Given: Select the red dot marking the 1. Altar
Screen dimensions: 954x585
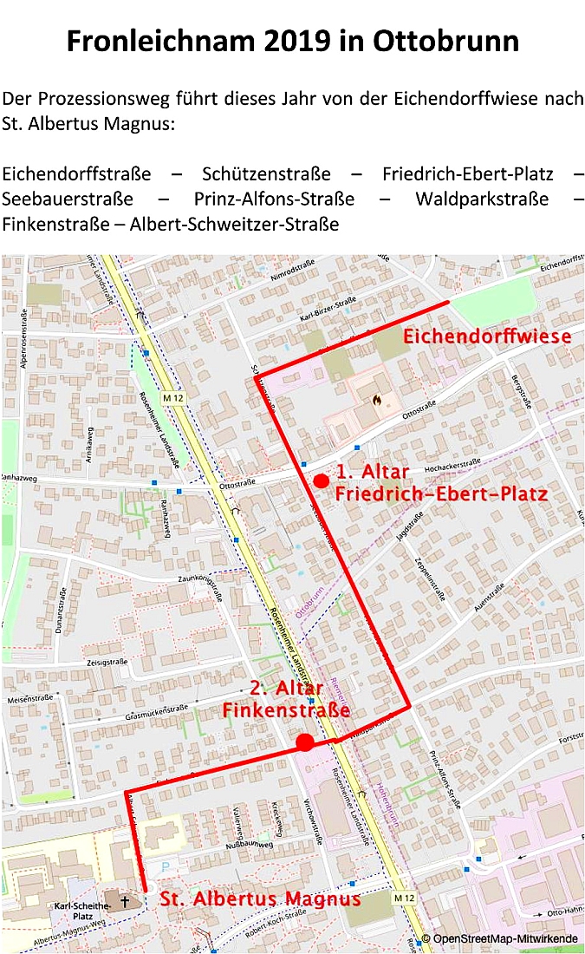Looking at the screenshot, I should point(322,480).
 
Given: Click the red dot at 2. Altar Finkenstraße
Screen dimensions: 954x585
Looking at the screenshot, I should point(304,742).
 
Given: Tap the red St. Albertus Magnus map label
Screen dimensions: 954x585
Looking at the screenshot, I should point(260,898).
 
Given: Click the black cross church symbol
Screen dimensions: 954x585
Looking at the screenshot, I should point(125,902).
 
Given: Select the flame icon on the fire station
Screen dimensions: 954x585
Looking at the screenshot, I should point(376,402).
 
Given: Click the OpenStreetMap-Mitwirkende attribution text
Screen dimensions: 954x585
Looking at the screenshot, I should point(502,939).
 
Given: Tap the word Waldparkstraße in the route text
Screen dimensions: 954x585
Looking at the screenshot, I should point(482,199).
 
